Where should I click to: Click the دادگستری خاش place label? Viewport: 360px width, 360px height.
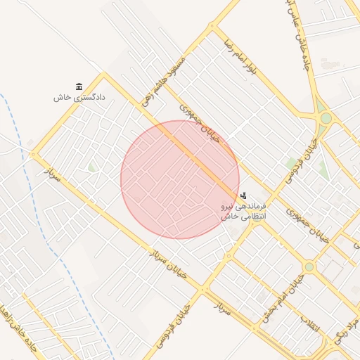[79, 98]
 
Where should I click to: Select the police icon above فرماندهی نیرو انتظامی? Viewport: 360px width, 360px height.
[243, 195]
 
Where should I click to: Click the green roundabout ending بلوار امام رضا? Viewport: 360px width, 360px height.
[324, 117]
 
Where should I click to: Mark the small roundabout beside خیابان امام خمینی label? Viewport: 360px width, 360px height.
[309, 267]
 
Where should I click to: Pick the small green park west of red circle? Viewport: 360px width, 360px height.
[92, 167]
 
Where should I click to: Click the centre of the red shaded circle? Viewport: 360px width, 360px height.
[180, 179]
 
